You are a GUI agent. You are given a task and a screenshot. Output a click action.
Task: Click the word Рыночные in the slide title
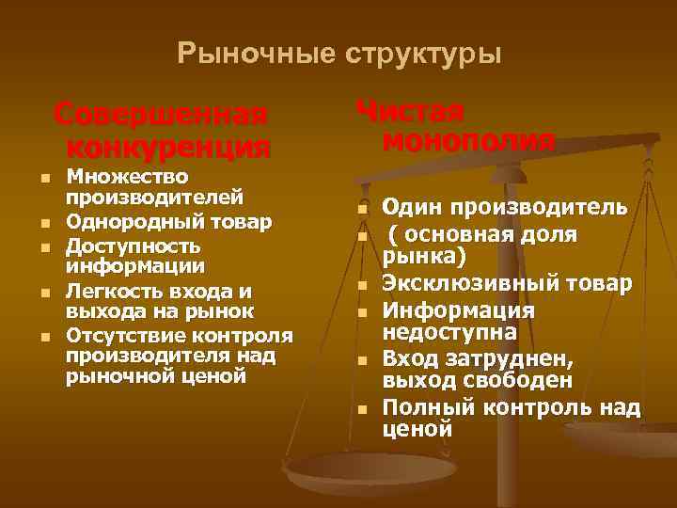point(245,55)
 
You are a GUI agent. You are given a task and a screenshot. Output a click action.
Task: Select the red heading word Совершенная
point(161,115)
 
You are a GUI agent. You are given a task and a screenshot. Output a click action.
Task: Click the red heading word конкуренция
point(169,147)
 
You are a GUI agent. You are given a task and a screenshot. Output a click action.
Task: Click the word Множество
point(127,177)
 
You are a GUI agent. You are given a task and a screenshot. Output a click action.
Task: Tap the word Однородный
point(135,222)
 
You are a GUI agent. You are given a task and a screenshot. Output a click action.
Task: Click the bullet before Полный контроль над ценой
point(361,409)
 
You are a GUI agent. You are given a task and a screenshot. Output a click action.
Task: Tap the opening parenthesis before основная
point(395,233)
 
